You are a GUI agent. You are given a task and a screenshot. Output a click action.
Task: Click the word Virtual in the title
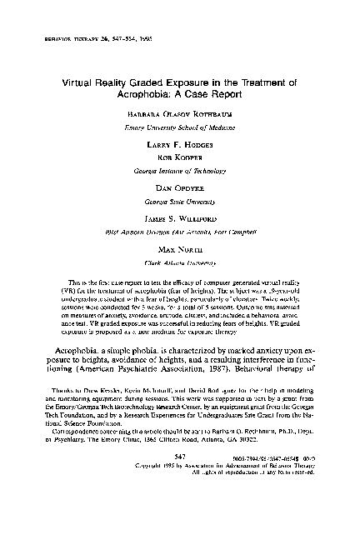coord(79,84)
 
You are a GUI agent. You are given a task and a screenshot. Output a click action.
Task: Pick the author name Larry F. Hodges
coord(180,144)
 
